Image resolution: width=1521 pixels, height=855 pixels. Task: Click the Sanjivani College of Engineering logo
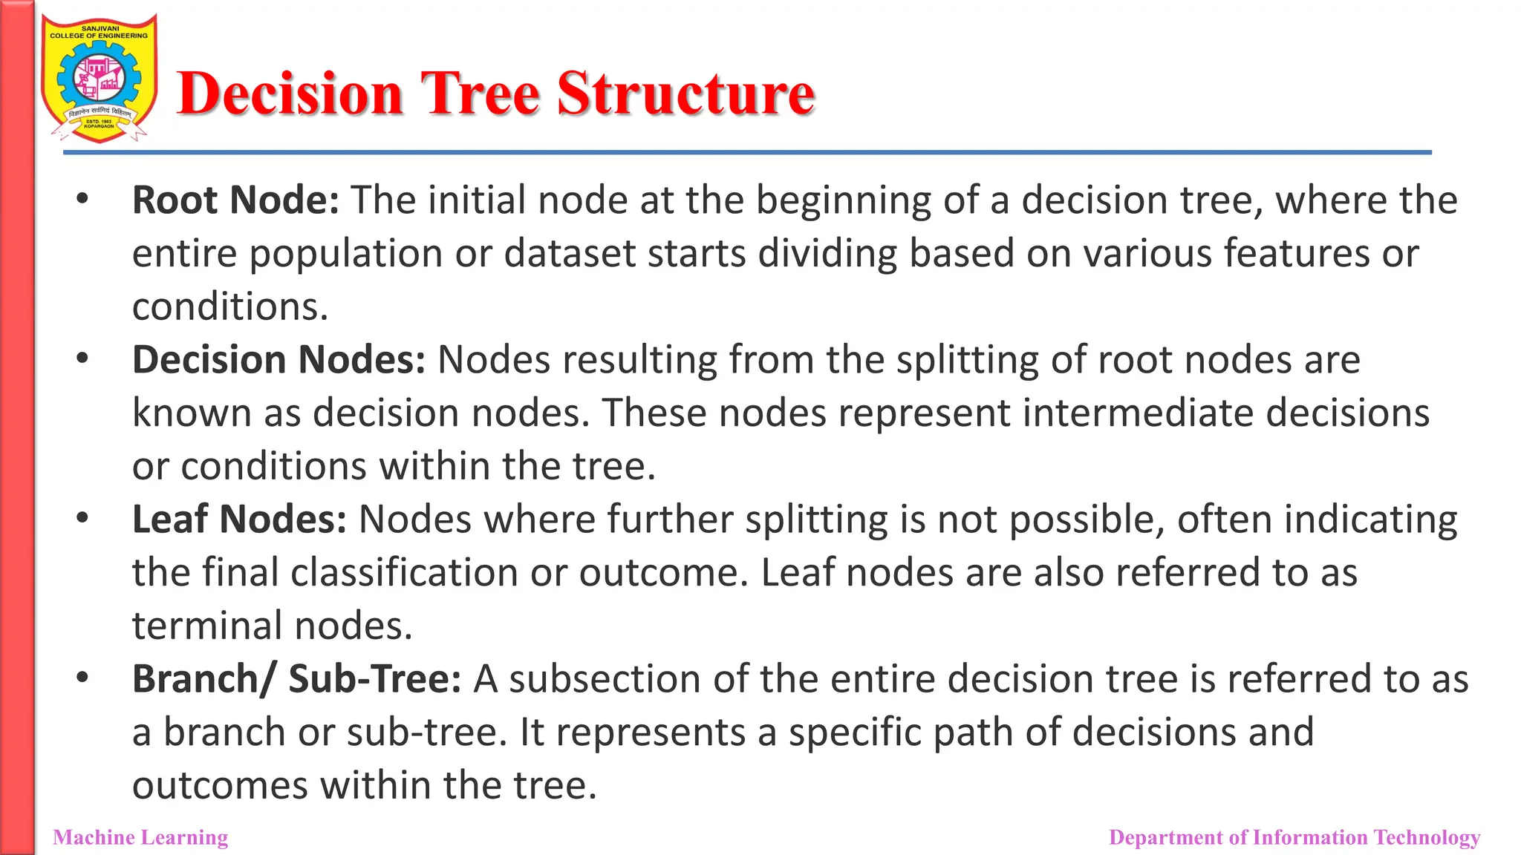click(x=100, y=78)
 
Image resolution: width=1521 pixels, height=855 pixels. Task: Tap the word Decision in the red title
click(x=290, y=94)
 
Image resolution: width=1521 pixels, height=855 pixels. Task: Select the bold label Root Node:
click(x=235, y=200)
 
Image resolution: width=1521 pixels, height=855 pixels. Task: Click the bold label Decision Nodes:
click(x=279, y=360)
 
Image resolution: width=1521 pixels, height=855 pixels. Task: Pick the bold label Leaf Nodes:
click(x=239, y=520)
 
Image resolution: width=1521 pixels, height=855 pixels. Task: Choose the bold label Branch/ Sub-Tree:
click(x=296, y=679)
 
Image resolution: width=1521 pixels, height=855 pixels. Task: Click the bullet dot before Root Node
click(x=82, y=199)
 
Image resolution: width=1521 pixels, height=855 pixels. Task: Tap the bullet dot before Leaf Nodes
click(x=82, y=518)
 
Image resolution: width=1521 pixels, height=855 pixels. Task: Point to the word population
click(x=345, y=255)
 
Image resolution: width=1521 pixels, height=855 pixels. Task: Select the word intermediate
click(x=1137, y=413)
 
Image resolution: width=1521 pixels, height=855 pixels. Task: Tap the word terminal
click(x=208, y=626)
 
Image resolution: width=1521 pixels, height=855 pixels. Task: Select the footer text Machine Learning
click(x=140, y=837)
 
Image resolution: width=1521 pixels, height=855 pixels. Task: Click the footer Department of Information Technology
click(x=1294, y=837)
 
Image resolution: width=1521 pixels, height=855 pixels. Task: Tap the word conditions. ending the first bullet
click(x=230, y=307)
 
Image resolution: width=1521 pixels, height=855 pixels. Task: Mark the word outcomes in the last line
click(x=220, y=785)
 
